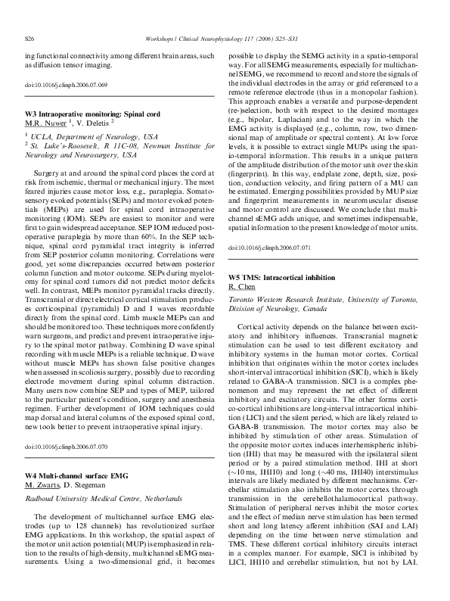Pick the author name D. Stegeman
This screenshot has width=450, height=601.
93,462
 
